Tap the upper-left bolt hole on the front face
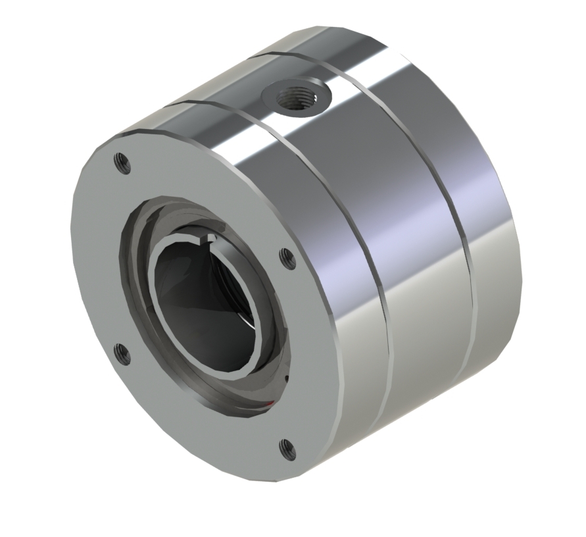click(120, 159)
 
